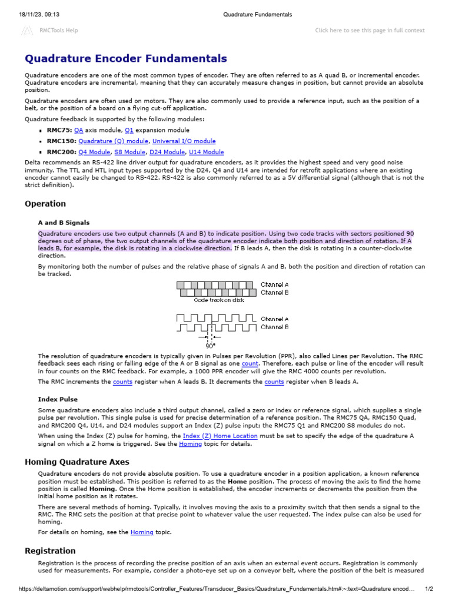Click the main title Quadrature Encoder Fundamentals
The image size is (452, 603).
click(x=125, y=58)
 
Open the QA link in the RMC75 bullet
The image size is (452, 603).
click(x=79, y=130)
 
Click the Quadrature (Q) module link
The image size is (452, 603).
click(x=114, y=141)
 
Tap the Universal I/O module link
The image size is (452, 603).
click(x=184, y=141)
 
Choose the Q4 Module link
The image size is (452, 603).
click(x=94, y=152)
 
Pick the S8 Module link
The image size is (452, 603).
click(x=129, y=152)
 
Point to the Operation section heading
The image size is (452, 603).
click(x=45, y=204)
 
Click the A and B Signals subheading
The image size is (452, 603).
click(x=64, y=223)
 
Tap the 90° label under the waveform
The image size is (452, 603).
click(x=210, y=346)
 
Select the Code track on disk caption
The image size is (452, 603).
click(x=218, y=300)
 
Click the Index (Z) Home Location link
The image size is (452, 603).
click(x=220, y=436)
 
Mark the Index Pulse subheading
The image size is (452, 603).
click(x=58, y=399)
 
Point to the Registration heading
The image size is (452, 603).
click(x=50, y=551)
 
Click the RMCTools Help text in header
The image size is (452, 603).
click(x=58, y=30)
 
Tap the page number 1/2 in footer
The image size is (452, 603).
click(x=429, y=589)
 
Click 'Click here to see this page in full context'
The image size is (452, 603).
click(x=370, y=30)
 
